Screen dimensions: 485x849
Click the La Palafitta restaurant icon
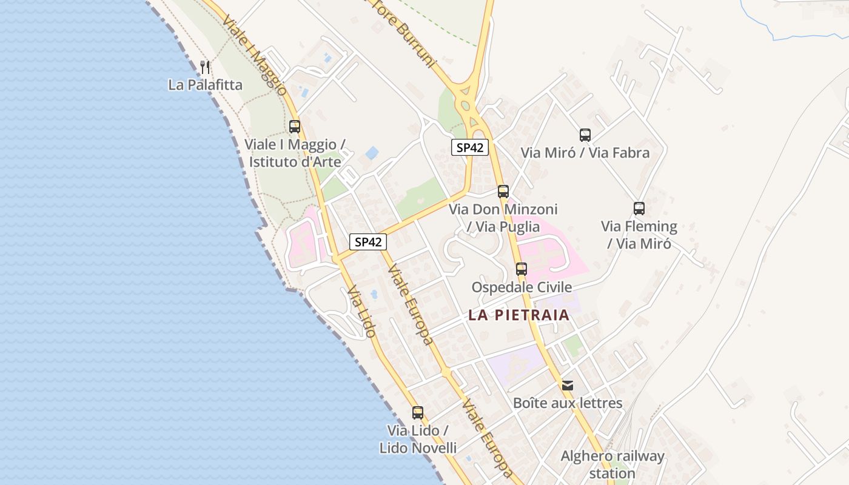pos(205,67)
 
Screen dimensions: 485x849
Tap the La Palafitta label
pos(205,85)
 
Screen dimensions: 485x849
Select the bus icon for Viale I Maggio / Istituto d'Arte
pos(295,127)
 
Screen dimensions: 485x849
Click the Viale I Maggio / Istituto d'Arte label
pos(295,153)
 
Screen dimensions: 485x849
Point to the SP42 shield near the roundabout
pos(469,147)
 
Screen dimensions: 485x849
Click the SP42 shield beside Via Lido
pos(368,242)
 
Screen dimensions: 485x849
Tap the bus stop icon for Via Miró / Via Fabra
pos(585,135)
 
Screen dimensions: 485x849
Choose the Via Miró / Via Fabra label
pos(585,153)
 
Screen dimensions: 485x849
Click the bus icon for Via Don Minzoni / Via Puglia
pos(503,192)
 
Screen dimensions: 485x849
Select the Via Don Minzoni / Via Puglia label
pos(503,218)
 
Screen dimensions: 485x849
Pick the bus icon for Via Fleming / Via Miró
pos(639,209)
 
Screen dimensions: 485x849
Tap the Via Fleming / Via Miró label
pos(639,235)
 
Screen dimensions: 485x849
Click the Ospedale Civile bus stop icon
pos(522,269)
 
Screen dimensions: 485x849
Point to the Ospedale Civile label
pos(522,287)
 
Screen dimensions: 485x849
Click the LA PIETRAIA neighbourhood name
pos(518,315)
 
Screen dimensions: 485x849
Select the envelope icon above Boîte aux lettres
pos(568,386)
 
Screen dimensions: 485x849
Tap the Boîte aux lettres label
pos(568,403)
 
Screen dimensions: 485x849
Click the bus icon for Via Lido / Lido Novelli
pos(418,413)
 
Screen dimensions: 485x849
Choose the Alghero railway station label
pos(612,464)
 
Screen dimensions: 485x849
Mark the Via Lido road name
pos(362,312)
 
